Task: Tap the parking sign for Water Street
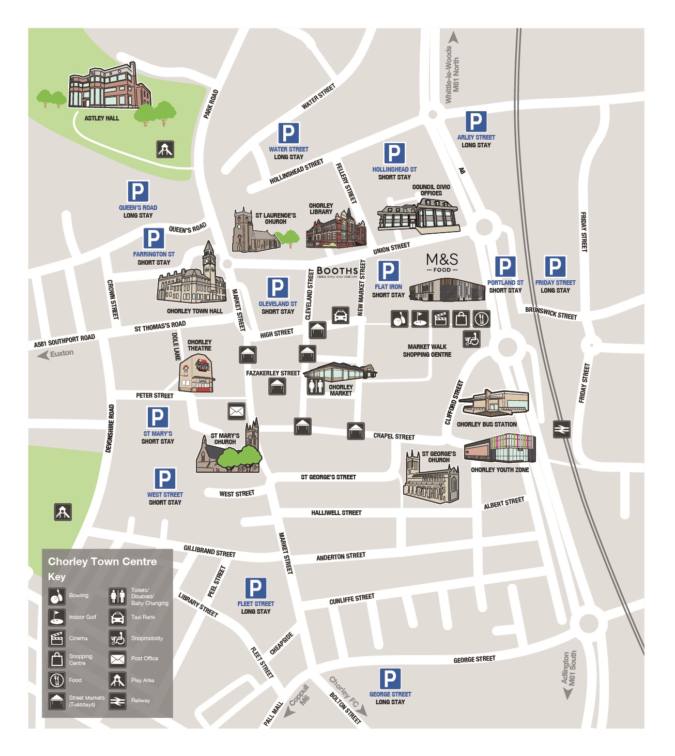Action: tap(288, 133)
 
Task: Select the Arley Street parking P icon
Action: tap(475, 122)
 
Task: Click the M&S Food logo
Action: tap(442, 262)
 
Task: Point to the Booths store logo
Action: tap(337, 271)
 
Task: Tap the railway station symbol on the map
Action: tap(561, 429)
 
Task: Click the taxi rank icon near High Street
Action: tap(340, 315)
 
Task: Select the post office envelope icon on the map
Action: tap(236, 411)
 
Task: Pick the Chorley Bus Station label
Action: tap(486, 425)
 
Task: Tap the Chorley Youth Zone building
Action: tap(499, 448)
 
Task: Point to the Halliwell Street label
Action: tap(336, 513)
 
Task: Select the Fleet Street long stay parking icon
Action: tap(255, 588)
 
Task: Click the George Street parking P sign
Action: tap(390, 678)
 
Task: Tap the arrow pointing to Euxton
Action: tap(43, 355)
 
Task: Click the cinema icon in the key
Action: tap(57, 638)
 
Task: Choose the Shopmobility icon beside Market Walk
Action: tap(471, 339)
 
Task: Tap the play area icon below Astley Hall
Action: tap(165, 149)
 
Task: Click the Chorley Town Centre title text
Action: tap(102, 562)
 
